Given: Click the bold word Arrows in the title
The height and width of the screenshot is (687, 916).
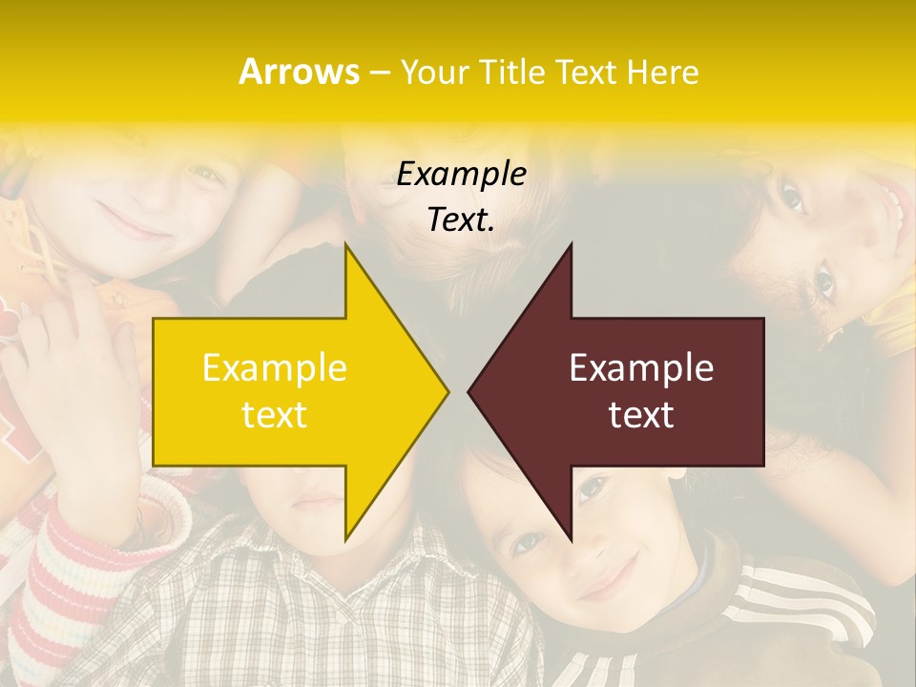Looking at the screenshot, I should tap(299, 72).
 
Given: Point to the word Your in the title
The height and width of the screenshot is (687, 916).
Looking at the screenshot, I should tap(434, 73).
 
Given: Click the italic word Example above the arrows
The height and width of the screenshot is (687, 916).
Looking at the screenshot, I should tap(461, 174).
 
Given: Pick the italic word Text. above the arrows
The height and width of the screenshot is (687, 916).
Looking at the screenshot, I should tap(461, 220).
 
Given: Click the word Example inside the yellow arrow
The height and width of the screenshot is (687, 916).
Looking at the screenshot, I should tap(274, 368).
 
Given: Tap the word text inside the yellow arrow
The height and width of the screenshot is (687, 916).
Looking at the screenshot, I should tap(274, 415).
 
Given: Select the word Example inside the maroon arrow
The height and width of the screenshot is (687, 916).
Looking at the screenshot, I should tap(641, 368).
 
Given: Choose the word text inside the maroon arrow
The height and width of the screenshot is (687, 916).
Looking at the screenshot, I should tap(641, 415).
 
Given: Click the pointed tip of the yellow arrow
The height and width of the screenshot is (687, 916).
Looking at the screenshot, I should tap(448, 391).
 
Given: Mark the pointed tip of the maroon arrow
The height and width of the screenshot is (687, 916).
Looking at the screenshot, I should tap(469, 391).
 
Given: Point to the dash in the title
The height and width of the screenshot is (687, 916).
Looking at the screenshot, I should tap(379, 73).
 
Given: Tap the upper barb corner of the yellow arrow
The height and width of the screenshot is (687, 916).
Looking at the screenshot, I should tap(346, 245).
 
